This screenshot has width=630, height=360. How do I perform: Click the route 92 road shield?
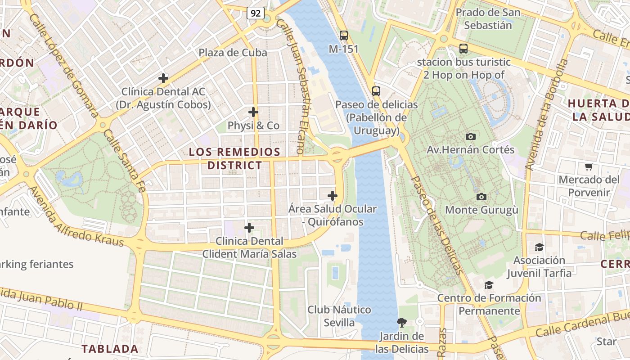point(255,13)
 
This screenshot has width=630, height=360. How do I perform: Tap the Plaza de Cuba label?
point(233,53)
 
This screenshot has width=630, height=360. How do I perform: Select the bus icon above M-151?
point(344,35)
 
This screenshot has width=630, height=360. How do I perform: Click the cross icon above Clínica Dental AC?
point(163,78)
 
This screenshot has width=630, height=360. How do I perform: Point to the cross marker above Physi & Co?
point(253,112)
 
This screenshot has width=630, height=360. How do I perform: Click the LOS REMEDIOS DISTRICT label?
point(234,158)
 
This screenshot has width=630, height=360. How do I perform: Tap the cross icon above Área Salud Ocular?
point(333,196)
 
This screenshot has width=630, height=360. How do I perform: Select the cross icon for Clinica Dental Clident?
point(249,228)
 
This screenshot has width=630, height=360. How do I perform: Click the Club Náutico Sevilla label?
point(339,316)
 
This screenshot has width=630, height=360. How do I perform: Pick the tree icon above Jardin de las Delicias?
point(401,322)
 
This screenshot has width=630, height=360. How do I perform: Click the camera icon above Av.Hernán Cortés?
point(471,136)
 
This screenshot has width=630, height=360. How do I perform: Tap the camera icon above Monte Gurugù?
point(481,197)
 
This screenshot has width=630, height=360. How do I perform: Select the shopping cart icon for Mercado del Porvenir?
point(589,167)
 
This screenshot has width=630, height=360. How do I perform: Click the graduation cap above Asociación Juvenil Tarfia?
point(539,247)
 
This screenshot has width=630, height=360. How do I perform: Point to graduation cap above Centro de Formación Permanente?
point(489,285)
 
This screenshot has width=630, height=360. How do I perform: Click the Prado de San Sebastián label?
point(488,18)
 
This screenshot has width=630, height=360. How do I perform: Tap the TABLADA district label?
point(110,349)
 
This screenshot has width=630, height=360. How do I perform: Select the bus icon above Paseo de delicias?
point(376,91)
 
